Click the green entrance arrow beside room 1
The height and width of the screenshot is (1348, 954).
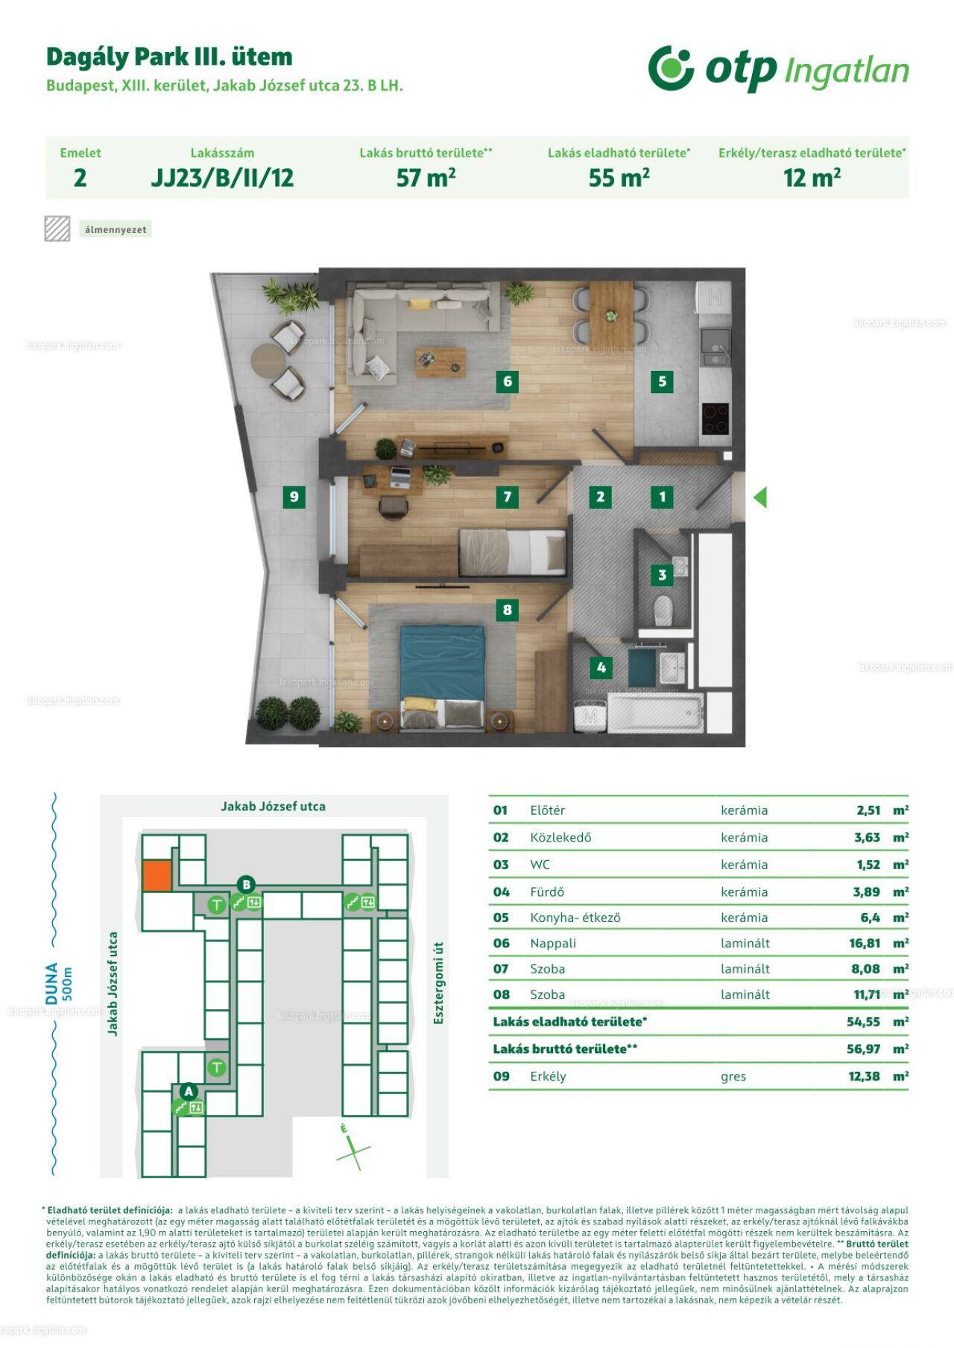(x=760, y=497)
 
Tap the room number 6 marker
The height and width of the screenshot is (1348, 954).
(x=508, y=381)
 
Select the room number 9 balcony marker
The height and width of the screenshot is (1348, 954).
(x=294, y=497)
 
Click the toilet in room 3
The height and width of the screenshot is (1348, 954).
(x=663, y=610)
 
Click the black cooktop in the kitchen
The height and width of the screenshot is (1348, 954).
(x=716, y=419)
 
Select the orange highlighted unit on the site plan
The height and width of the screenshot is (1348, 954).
(x=157, y=876)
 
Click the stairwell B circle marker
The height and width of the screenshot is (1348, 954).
(x=246, y=885)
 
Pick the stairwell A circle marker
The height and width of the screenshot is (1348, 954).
(x=189, y=1091)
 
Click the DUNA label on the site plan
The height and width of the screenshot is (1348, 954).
(x=51, y=983)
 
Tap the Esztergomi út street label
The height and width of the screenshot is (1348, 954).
(x=438, y=982)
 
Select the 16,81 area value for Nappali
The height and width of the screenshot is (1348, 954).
(x=865, y=943)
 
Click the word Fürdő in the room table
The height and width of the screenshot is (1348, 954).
(x=547, y=891)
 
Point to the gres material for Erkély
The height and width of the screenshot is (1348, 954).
(x=733, y=1077)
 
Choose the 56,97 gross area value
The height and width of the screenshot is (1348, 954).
(x=864, y=1049)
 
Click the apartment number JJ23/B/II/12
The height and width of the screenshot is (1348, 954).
(x=222, y=178)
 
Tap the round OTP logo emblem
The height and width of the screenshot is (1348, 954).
(x=671, y=68)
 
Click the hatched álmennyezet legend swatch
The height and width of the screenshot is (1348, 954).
(x=57, y=229)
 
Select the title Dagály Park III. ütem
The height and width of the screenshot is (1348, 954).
(x=169, y=57)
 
